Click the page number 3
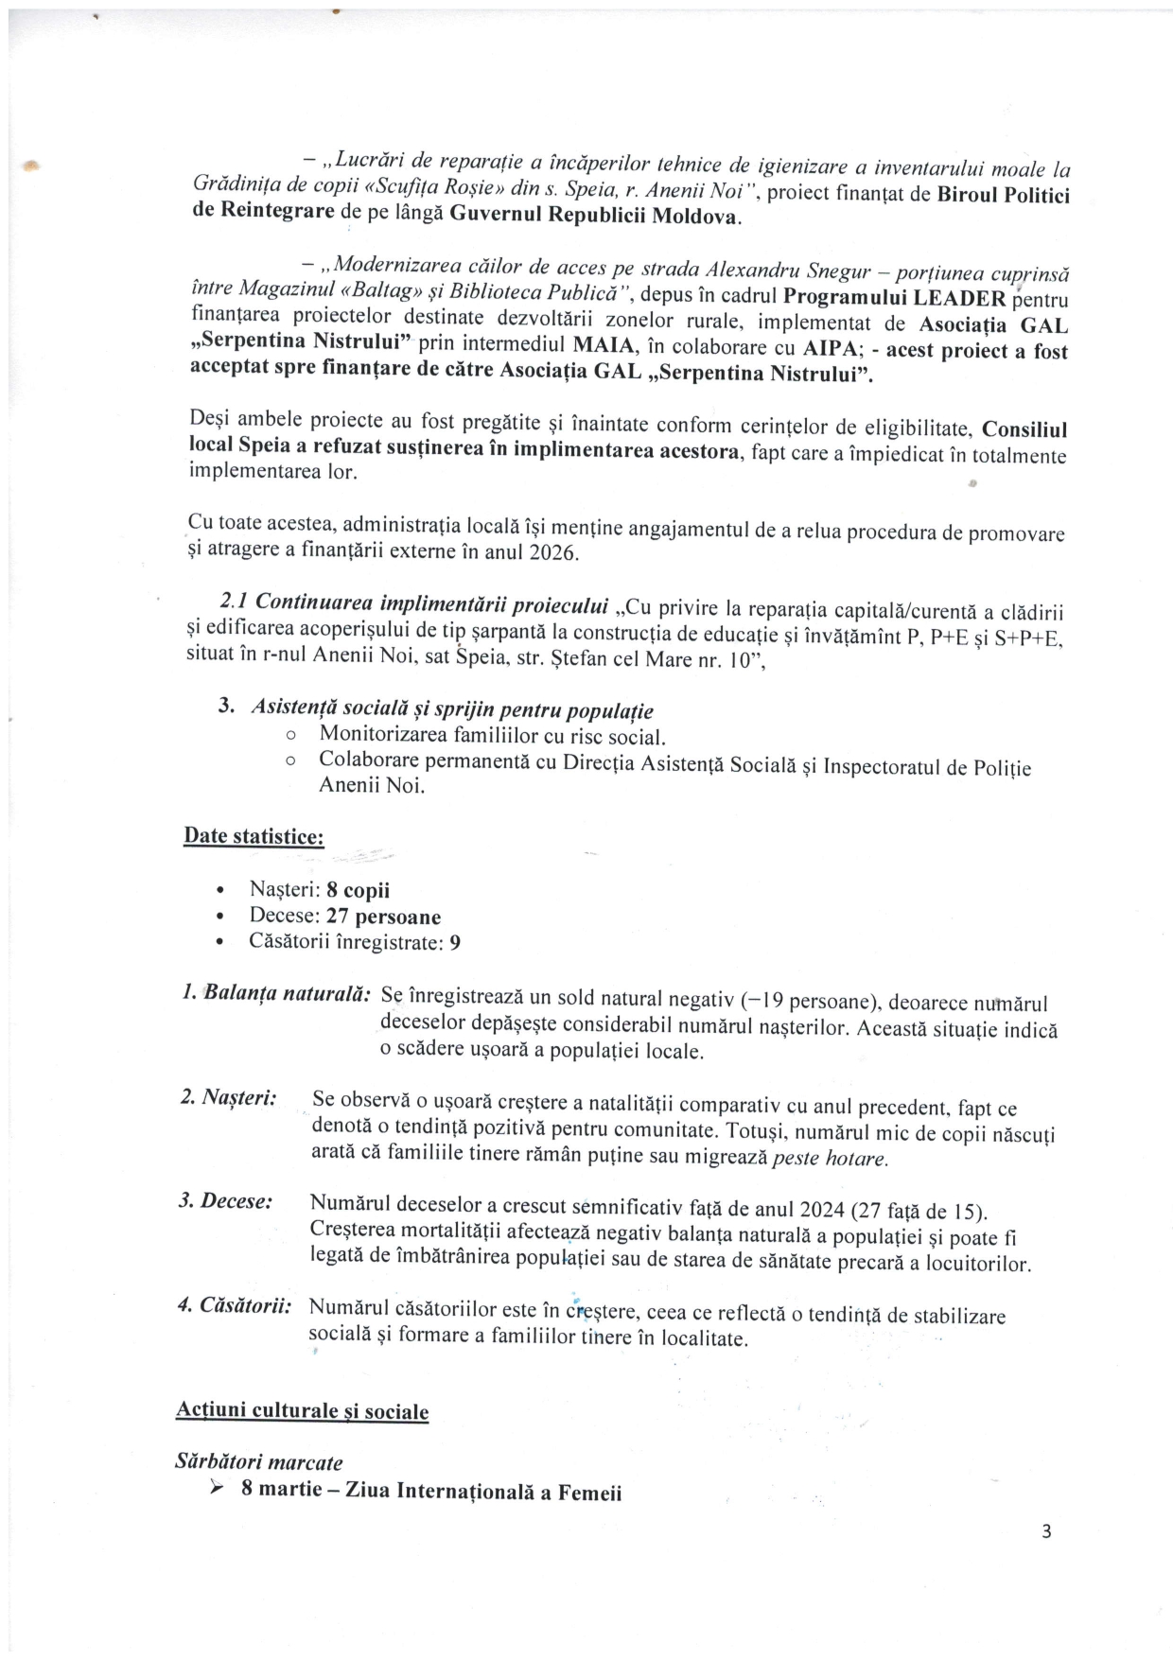[1045, 1531]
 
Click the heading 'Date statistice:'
[254, 836]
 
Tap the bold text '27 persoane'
[383, 917]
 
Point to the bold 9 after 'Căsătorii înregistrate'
[456, 943]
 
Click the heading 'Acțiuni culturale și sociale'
[302, 1411]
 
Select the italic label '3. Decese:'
[225, 1201]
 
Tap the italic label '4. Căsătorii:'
[234, 1306]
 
